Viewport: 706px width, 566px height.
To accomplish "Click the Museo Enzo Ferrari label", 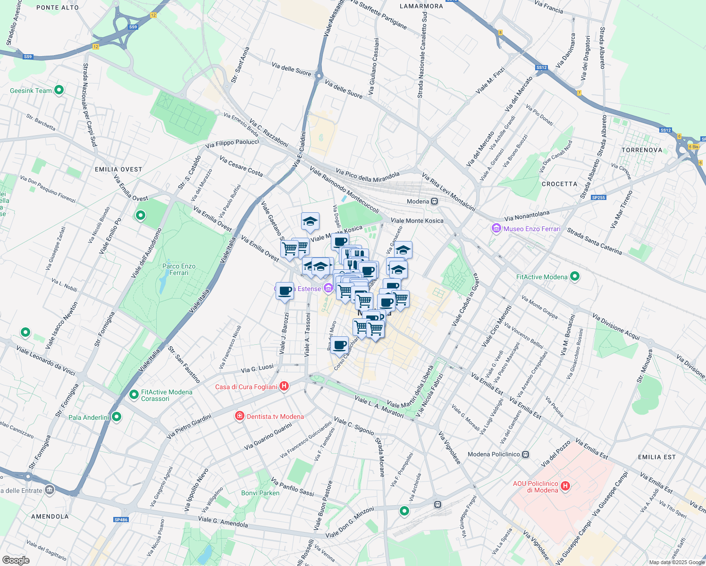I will click(x=532, y=229).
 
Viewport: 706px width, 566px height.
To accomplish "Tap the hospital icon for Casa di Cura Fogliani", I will click(x=284, y=387).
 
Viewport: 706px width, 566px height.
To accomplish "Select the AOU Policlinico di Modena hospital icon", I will click(x=565, y=486).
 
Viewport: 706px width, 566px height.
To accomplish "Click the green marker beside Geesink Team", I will click(x=59, y=90).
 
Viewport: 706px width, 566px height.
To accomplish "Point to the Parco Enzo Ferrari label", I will click(x=179, y=269).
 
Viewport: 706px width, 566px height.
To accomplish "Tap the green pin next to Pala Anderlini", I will click(x=117, y=417).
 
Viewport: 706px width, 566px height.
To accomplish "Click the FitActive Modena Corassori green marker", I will click(x=134, y=394).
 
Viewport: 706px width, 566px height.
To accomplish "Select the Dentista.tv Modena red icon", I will click(x=240, y=416).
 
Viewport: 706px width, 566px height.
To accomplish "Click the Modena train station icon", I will click(x=435, y=201).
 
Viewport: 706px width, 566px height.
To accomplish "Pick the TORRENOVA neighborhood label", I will click(x=642, y=150).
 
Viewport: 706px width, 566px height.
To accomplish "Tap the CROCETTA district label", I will click(x=559, y=184).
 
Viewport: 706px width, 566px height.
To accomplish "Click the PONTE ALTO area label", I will click(x=58, y=8).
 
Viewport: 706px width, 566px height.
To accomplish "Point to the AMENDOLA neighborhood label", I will click(x=50, y=516).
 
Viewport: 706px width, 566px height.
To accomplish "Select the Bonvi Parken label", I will click(x=261, y=493).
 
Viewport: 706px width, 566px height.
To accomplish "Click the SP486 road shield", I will click(x=121, y=520).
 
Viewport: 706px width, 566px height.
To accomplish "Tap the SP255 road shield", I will click(x=598, y=198).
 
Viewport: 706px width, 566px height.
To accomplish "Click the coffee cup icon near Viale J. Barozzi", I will click(x=285, y=291).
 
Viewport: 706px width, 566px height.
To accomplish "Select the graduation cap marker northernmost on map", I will click(x=310, y=221).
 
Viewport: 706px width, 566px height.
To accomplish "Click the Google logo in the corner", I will click(x=16, y=560).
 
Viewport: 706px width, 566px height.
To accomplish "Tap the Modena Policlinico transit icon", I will click(x=526, y=455).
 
